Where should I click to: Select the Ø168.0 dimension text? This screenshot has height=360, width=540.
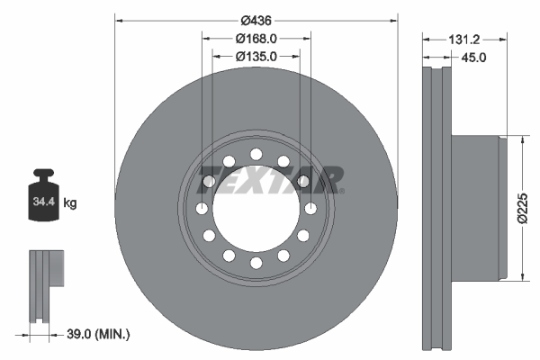point(256,39)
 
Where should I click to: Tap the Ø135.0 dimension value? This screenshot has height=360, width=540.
point(256,56)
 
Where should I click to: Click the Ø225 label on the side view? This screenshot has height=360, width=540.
point(521,209)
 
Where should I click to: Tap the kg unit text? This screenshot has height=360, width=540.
point(70,203)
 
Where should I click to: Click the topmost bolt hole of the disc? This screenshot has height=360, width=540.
point(256,153)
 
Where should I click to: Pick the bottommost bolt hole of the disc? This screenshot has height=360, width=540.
point(256,264)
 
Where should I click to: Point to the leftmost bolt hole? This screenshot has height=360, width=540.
point(200,209)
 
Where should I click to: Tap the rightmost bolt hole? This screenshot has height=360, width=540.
point(311,209)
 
